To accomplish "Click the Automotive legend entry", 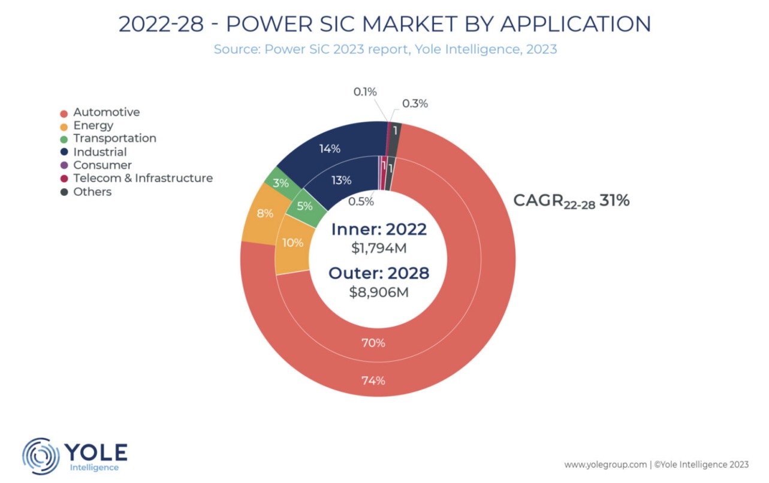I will click(106, 112).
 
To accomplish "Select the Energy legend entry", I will click(93, 125).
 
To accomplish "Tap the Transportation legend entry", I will click(114, 138).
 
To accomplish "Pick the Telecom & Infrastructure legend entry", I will click(143, 178).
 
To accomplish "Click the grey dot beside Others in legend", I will click(64, 192).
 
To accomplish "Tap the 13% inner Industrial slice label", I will click(341, 180).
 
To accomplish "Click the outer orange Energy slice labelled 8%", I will click(265, 213).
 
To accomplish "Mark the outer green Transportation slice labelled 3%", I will click(281, 183).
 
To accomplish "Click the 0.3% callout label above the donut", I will click(415, 104).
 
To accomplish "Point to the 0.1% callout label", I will click(364, 92).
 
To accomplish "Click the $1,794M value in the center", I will click(378, 247).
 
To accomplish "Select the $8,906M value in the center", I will click(379, 292).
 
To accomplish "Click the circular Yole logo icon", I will click(41, 456).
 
